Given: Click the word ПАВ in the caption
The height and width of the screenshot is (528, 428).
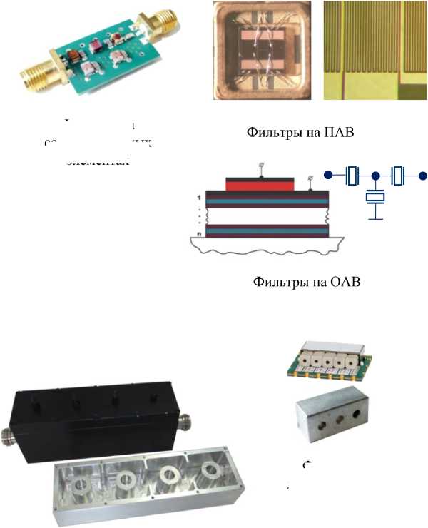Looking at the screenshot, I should pyautogui.click(x=337, y=132).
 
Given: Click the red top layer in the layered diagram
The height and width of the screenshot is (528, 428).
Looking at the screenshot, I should pyautogui.click(x=260, y=184).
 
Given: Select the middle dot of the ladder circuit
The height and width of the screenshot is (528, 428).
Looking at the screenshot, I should pyautogui.click(x=374, y=175).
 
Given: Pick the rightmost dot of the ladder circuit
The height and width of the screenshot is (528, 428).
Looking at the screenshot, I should pyautogui.click(x=422, y=175).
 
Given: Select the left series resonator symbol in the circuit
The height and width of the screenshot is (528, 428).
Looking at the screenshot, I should pyautogui.click(x=351, y=175).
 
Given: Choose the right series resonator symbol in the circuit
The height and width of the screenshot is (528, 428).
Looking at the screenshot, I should pyautogui.click(x=398, y=175).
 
